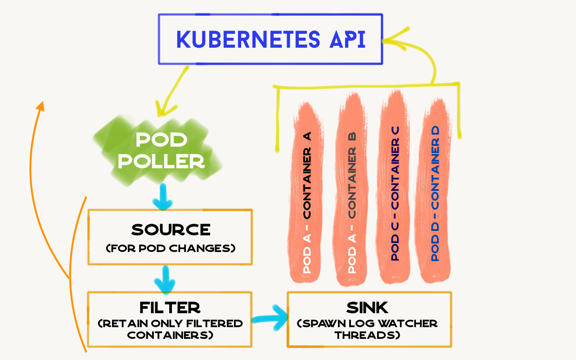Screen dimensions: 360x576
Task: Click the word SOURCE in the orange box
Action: (x=171, y=229)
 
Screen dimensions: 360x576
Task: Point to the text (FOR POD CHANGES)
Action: (x=171, y=248)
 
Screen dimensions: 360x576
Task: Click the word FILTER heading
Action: (x=170, y=308)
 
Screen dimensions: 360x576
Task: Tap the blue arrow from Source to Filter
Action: (x=165, y=280)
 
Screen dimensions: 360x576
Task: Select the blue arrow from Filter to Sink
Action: (x=270, y=319)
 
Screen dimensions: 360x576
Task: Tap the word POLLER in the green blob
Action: (x=161, y=161)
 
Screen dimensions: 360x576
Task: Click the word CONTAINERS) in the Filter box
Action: (x=171, y=335)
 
